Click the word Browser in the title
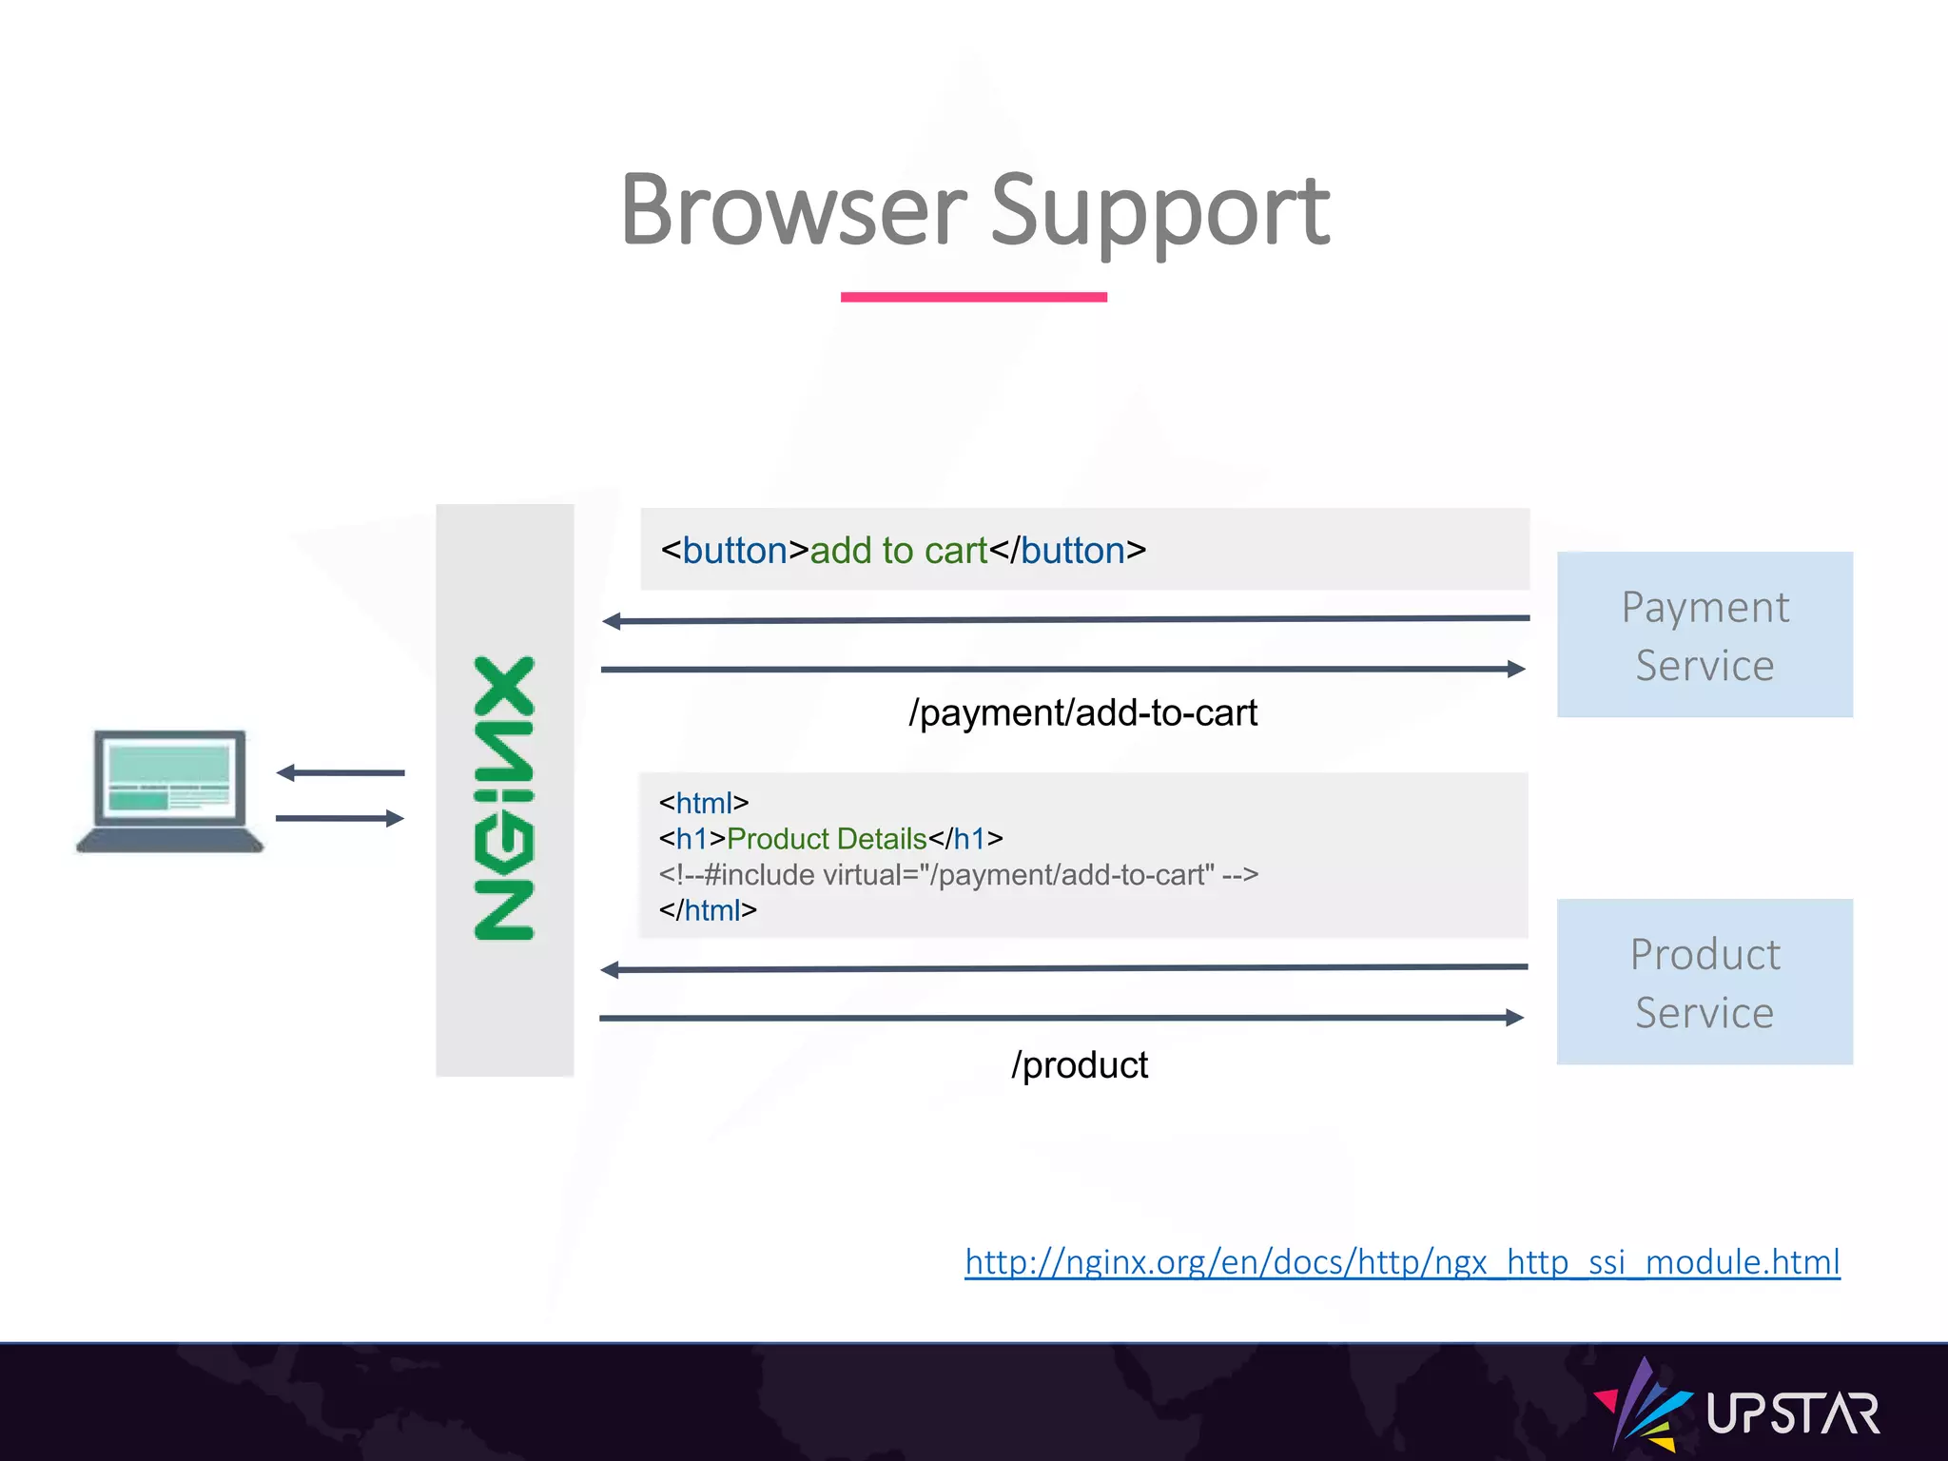(792, 211)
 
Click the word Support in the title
(1159, 211)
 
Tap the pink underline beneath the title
(973, 297)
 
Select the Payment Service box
(1704, 634)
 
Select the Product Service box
(1704, 982)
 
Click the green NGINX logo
(505, 797)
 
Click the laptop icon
(169, 789)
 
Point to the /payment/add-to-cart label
(1081, 712)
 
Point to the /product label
(1080, 1064)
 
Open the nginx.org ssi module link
(1401, 1262)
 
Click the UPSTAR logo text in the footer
(1792, 1413)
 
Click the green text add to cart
(898, 551)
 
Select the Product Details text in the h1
(826, 839)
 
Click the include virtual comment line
(958, 874)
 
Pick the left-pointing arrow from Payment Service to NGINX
(1065, 620)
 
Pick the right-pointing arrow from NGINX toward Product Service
(1061, 1018)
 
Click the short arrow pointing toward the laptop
(340, 772)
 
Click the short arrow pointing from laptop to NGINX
(340, 818)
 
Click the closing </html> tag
(708, 910)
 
